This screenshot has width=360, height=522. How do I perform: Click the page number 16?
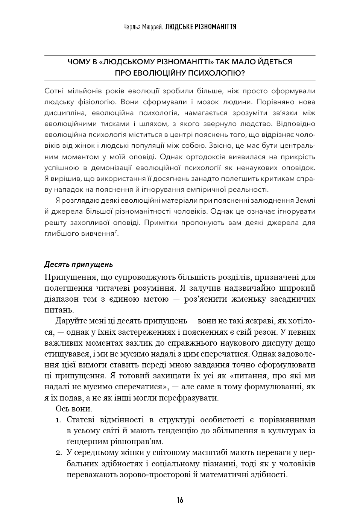click(180, 500)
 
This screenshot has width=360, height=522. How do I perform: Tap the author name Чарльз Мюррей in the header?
click(143, 27)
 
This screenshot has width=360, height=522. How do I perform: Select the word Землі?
click(305, 200)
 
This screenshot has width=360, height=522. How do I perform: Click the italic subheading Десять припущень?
click(78, 264)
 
